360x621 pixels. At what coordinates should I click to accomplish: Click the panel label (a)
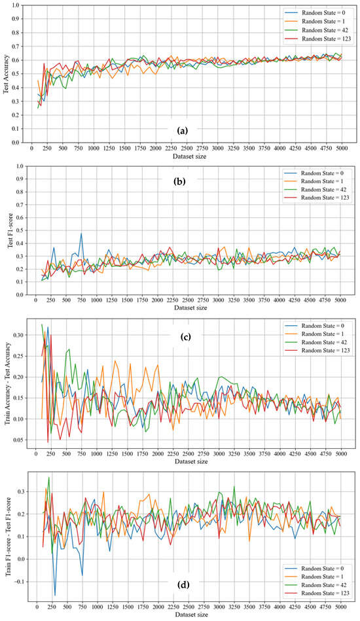click(x=183, y=131)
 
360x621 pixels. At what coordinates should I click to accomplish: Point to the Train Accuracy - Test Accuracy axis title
click(x=7, y=381)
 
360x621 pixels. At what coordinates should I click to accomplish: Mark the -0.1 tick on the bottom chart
click(x=22, y=581)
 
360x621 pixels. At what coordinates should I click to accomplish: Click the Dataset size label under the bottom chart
click(x=184, y=616)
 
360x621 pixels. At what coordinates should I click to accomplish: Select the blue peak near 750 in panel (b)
click(x=81, y=234)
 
